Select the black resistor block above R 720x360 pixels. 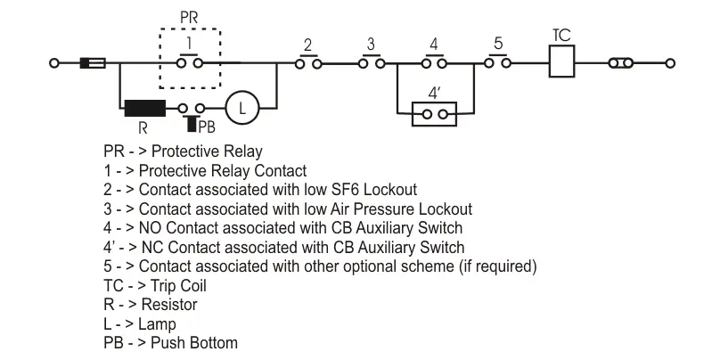pos(143,109)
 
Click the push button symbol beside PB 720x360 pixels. pos(192,110)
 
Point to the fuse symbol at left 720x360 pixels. pos(93,63)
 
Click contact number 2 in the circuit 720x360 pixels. pos(307,62)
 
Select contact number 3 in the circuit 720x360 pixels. pos(370,62)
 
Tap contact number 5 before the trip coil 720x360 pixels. pos(499,62)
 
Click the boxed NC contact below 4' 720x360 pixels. pos(434,114)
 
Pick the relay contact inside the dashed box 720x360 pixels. pos(190,62)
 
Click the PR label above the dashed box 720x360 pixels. pos(189,17)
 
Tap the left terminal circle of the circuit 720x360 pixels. pos(54,63)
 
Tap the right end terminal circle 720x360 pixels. pos(670,63)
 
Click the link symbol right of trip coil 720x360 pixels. pos(621,63)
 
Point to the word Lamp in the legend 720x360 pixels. pos(158,324)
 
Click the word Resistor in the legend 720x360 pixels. pos(168,305)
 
